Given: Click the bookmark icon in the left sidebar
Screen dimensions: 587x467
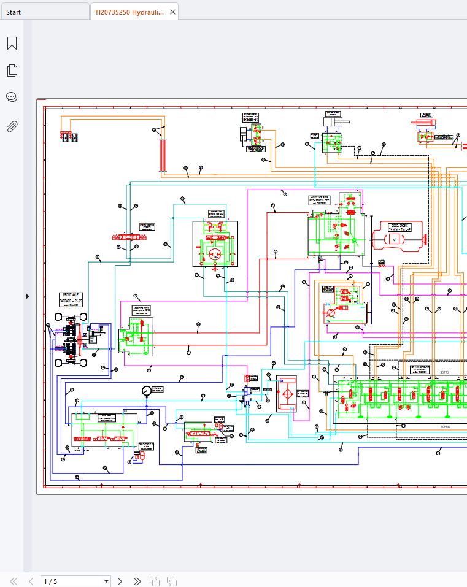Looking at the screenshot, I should [x=12, y=44].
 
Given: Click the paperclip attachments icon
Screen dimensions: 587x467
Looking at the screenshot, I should [x=12, y=126].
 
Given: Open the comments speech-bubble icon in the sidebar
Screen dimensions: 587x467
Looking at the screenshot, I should [x=12, y=98].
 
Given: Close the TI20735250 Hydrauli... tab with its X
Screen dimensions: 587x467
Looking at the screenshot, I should [x=172, y=12].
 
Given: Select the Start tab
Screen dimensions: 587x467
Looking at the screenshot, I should [x=14, y=12].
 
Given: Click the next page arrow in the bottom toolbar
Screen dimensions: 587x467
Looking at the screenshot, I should [x=120, y=581].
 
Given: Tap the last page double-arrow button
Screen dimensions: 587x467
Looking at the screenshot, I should [x=137, y=581].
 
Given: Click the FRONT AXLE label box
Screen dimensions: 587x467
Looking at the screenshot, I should [x=71, y=299].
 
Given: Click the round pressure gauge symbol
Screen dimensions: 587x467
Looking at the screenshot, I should [x=145, y=390].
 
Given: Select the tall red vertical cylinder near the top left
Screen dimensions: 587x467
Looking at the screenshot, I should [x=163, y=155].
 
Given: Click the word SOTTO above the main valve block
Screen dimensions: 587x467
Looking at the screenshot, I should [x=428, y=372].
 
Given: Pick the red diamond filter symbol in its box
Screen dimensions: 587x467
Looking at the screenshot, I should [x=286, y=393].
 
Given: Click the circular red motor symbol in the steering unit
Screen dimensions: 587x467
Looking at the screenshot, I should [x=215, y=254].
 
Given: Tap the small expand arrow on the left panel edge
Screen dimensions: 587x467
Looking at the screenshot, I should [x=27, y=296].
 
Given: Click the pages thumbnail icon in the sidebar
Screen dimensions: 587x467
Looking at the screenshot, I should [x=12, y=71].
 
